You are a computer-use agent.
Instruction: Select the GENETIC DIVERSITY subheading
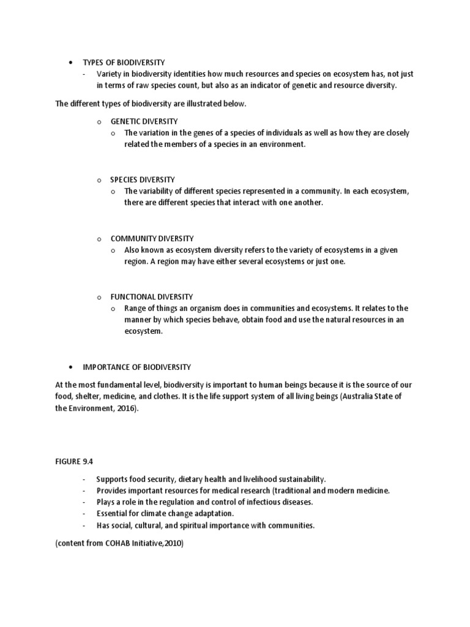(144, 121)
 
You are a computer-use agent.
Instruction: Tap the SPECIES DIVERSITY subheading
(143, 179)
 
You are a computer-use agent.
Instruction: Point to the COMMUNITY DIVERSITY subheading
(152, 238)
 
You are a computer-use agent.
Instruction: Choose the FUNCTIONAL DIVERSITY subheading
(152, 296)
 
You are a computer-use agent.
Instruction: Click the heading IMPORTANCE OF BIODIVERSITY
(136, 367)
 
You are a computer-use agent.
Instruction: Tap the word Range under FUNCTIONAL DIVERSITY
(135, 308)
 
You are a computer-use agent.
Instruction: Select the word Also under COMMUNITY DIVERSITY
(132, 250)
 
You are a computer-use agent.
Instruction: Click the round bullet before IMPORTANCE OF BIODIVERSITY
(71, 367)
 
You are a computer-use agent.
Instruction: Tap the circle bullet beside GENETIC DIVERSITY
(99, 122)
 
